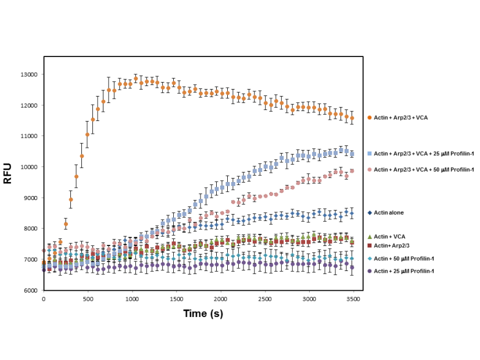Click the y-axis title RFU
pos(8,174)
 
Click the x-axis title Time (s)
pos(203,313)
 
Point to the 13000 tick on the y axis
pos(29,74)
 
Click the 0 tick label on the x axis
pos(44,299)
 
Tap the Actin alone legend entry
pos(389,213)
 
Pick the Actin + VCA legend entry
pos(389,237)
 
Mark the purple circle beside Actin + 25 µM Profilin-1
pos(370,271)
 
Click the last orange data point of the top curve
pos(352,118)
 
